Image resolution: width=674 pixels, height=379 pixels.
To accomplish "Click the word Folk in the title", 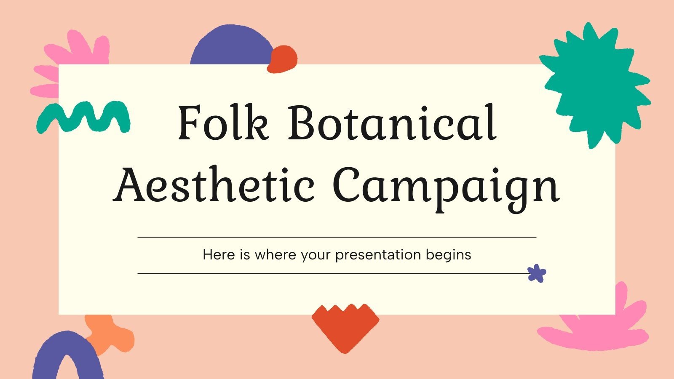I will pos(223,123).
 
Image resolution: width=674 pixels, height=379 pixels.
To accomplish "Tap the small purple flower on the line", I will pos(537,273).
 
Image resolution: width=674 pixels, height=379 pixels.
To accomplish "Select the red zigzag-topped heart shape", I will pos(345,326).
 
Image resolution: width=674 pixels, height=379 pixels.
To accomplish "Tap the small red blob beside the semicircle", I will pos(283,59).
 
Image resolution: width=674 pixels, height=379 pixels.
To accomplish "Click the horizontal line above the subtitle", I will pos(337,237).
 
